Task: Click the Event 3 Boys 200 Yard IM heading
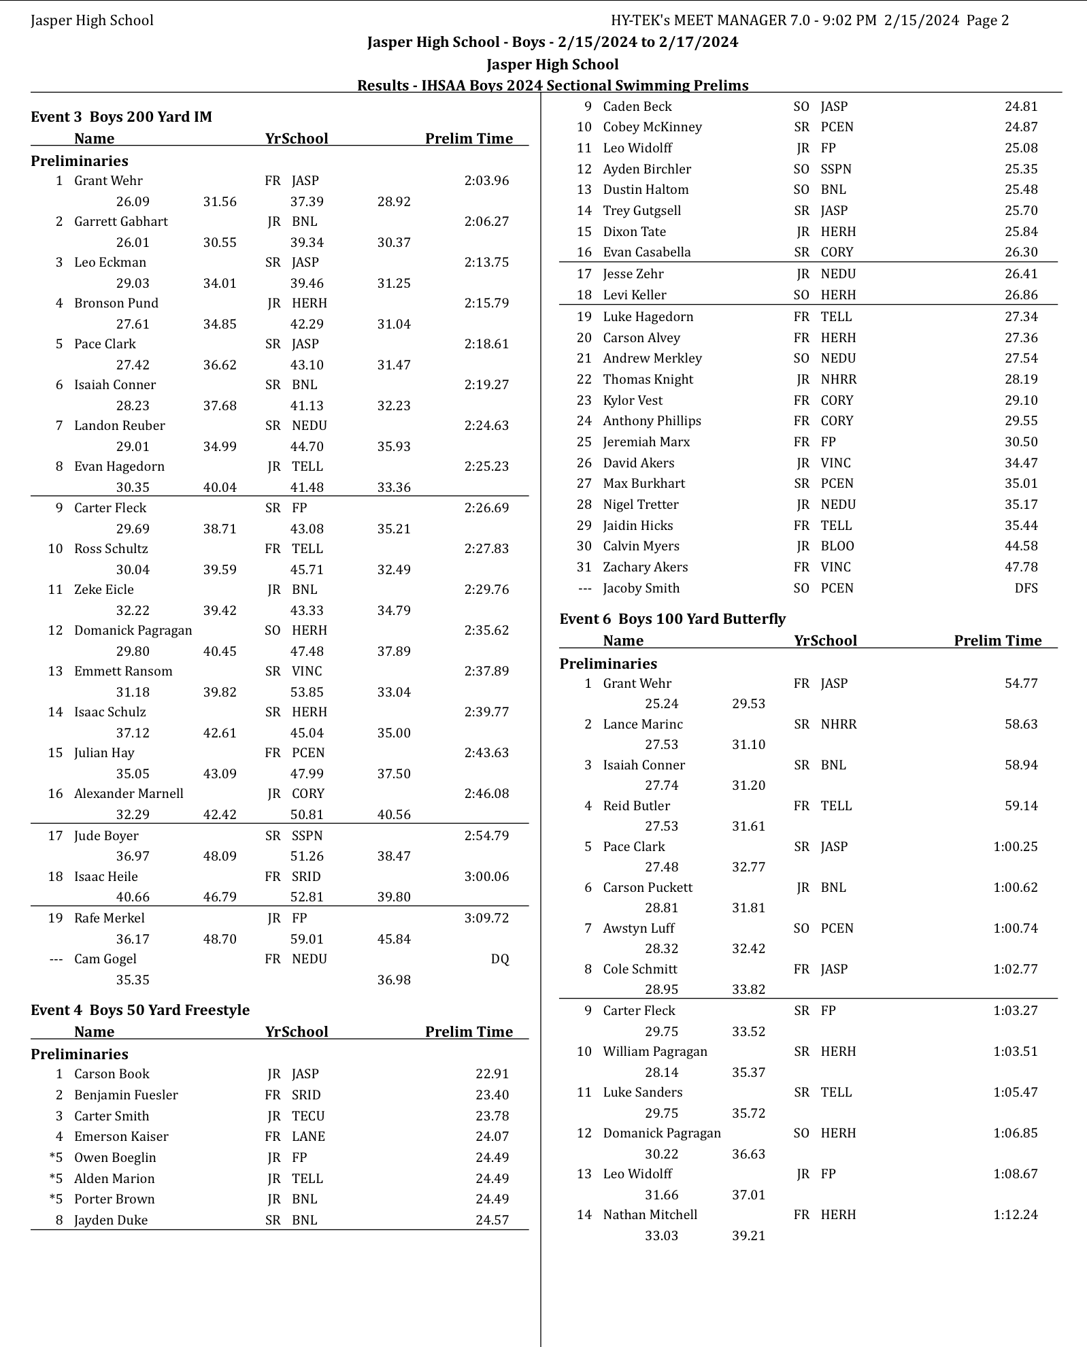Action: pyautogui.click(x=121, y=117)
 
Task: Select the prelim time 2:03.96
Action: pyautogui.click(x=486, y=181)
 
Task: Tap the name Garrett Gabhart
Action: pyautogui.click(x=121, y=222)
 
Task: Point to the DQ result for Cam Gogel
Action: pyautogui.click(x=499, y=959)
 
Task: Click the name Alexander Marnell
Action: pyautogui.click(x=129, y=794)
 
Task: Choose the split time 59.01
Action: pyautogui.click(x=307, y=939)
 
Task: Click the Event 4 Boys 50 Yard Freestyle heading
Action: pyautogui.click(x=140, y=1010)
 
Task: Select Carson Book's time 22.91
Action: pyautogui.click(x=492, y=1074)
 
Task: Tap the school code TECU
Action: pyautogui.click(x=308, y=1116)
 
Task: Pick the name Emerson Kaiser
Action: pyautogui.click(x=121, y=1137)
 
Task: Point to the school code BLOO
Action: pyautogui.click(x=837, y=546)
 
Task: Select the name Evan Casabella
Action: pyautogui.click(x=646, y=252)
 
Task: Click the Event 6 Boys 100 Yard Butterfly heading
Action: pyautogui.click(x=672, y=619)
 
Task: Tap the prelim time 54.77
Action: pyautogui.click(x=1021, y=684)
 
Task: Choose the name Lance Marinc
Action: pyautogui.click(x=643, y=725)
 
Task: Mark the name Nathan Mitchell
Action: pyautogui.click(x=650, y=1215)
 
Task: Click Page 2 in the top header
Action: pyautogui.click(x=987, y=20)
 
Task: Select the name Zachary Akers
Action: pyautogui.click(x=645, y=567)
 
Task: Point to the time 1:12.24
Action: pyautogui.click(x=1015, y=1215)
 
